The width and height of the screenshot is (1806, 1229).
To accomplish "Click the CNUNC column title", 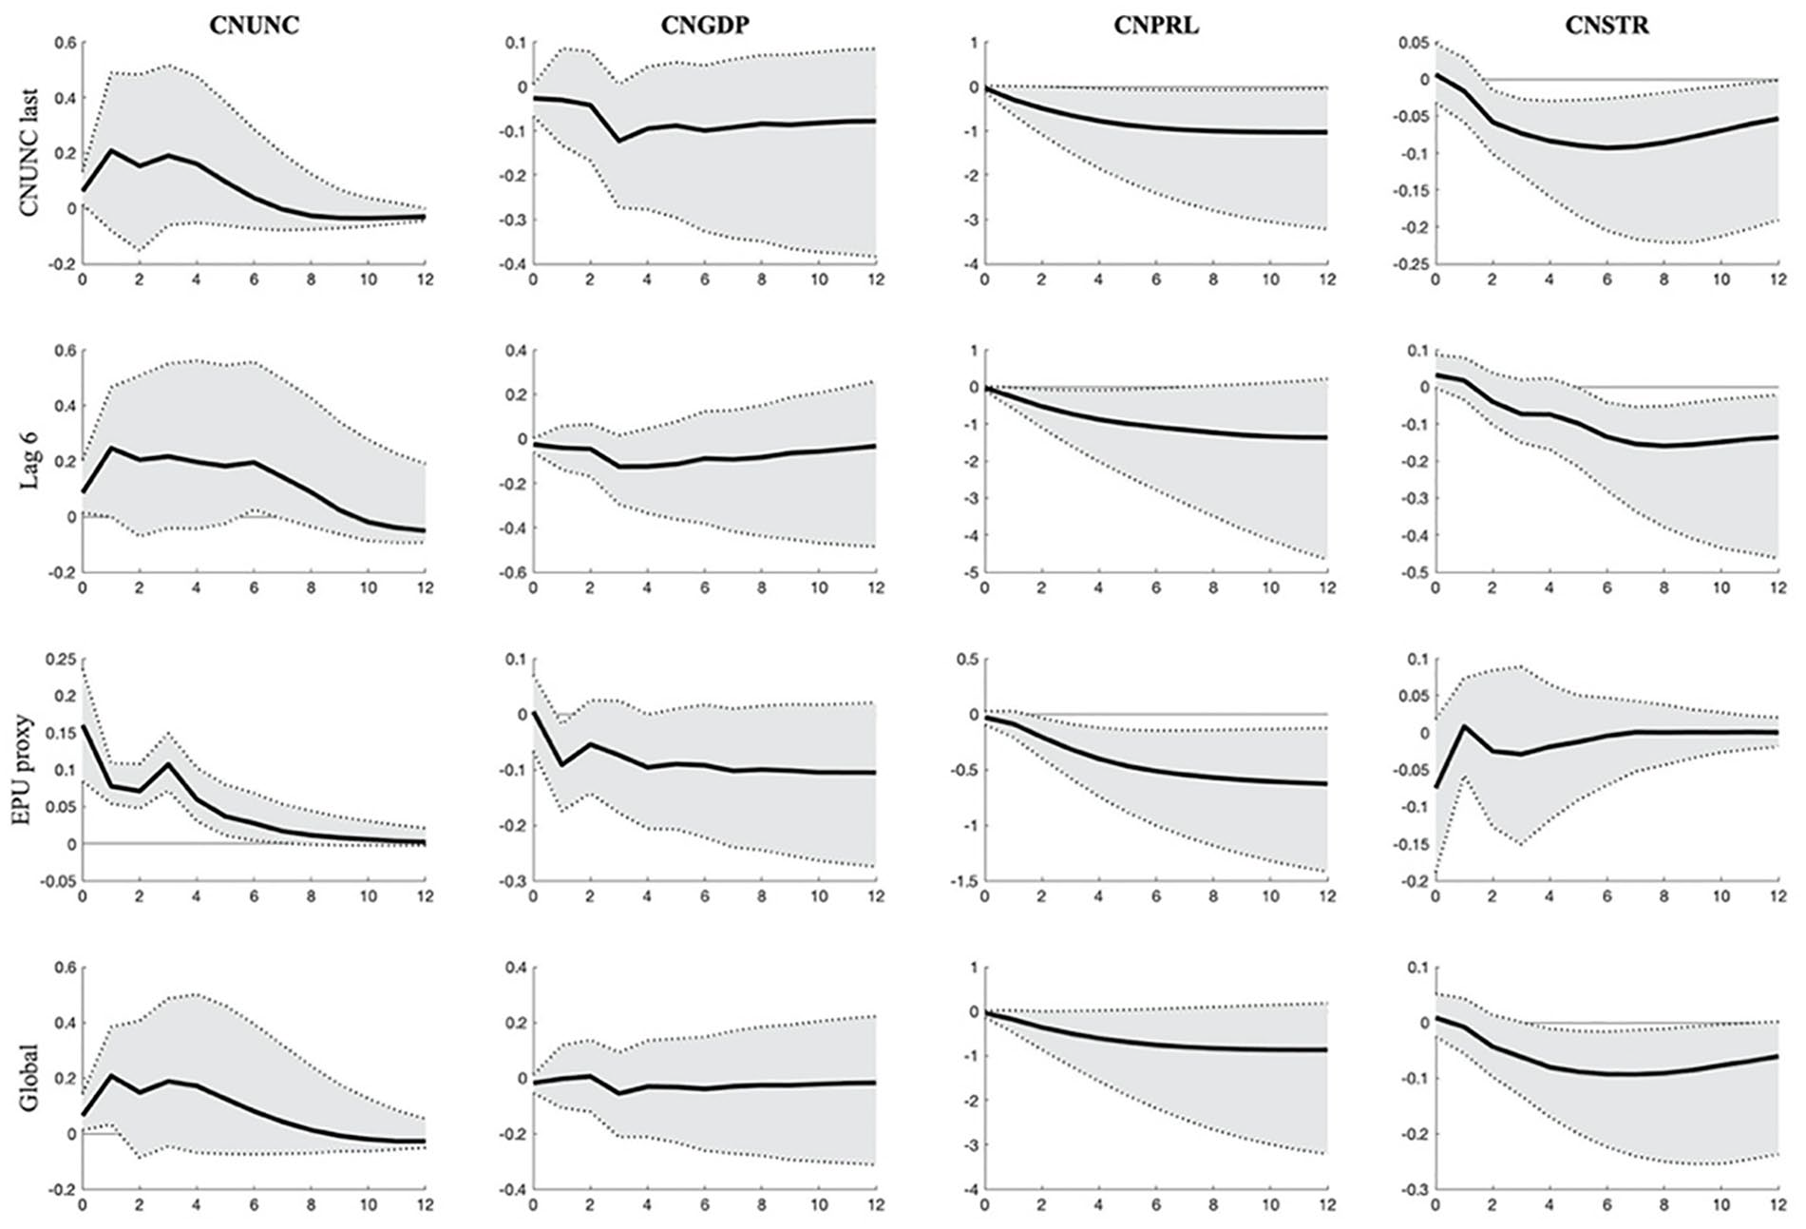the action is tap(255, 25).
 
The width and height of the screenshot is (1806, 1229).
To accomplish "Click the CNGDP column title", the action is tap(705, 25).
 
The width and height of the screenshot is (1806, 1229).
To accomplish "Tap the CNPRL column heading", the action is tap(1156, 25).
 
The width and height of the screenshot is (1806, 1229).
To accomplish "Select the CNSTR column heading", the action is tap(1606, 25).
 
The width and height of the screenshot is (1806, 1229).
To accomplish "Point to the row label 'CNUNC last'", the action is tap(29, 153).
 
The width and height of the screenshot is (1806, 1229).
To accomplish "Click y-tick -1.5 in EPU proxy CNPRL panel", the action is tap(964, 881).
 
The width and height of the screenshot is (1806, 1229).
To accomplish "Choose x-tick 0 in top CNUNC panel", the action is tap(83, 279).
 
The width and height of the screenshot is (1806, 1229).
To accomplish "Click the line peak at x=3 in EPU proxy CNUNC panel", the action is tap(168, 763).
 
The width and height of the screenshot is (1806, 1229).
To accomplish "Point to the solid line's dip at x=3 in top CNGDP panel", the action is tap(618, 141).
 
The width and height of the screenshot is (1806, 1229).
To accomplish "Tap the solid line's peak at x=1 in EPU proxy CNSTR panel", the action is tap(1464, 726).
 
